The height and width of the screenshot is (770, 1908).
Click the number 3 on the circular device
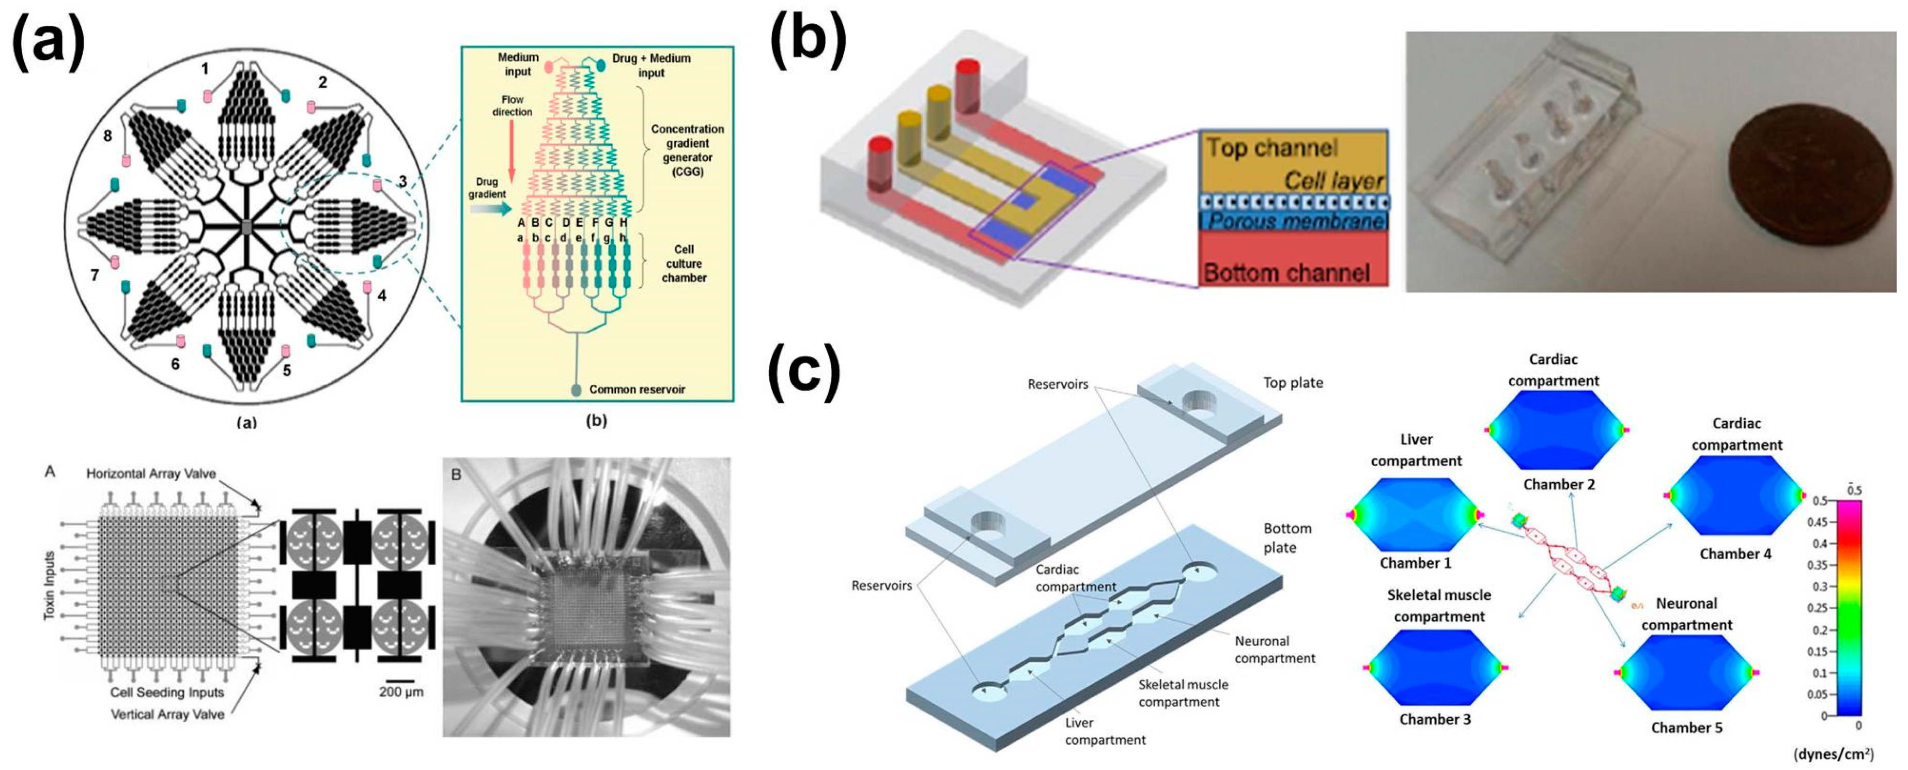point(401,181)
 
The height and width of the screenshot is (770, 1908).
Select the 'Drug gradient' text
point(487,188)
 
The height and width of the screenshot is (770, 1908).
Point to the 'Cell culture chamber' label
point(684,263)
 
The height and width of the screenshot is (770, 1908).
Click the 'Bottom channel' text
point(1286,273)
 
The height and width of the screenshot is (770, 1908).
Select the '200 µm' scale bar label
point(401,692)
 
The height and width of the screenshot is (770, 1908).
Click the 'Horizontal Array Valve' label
point(150,473)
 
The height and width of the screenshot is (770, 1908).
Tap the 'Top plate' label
point(1293,382)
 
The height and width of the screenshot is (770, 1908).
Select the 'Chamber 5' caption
point(1686,727)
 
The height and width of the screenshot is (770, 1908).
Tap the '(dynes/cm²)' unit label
point(1833,753)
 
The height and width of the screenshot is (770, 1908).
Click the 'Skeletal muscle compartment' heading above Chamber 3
point(1438,606)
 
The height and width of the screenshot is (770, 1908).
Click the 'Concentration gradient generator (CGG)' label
point(687,150)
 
